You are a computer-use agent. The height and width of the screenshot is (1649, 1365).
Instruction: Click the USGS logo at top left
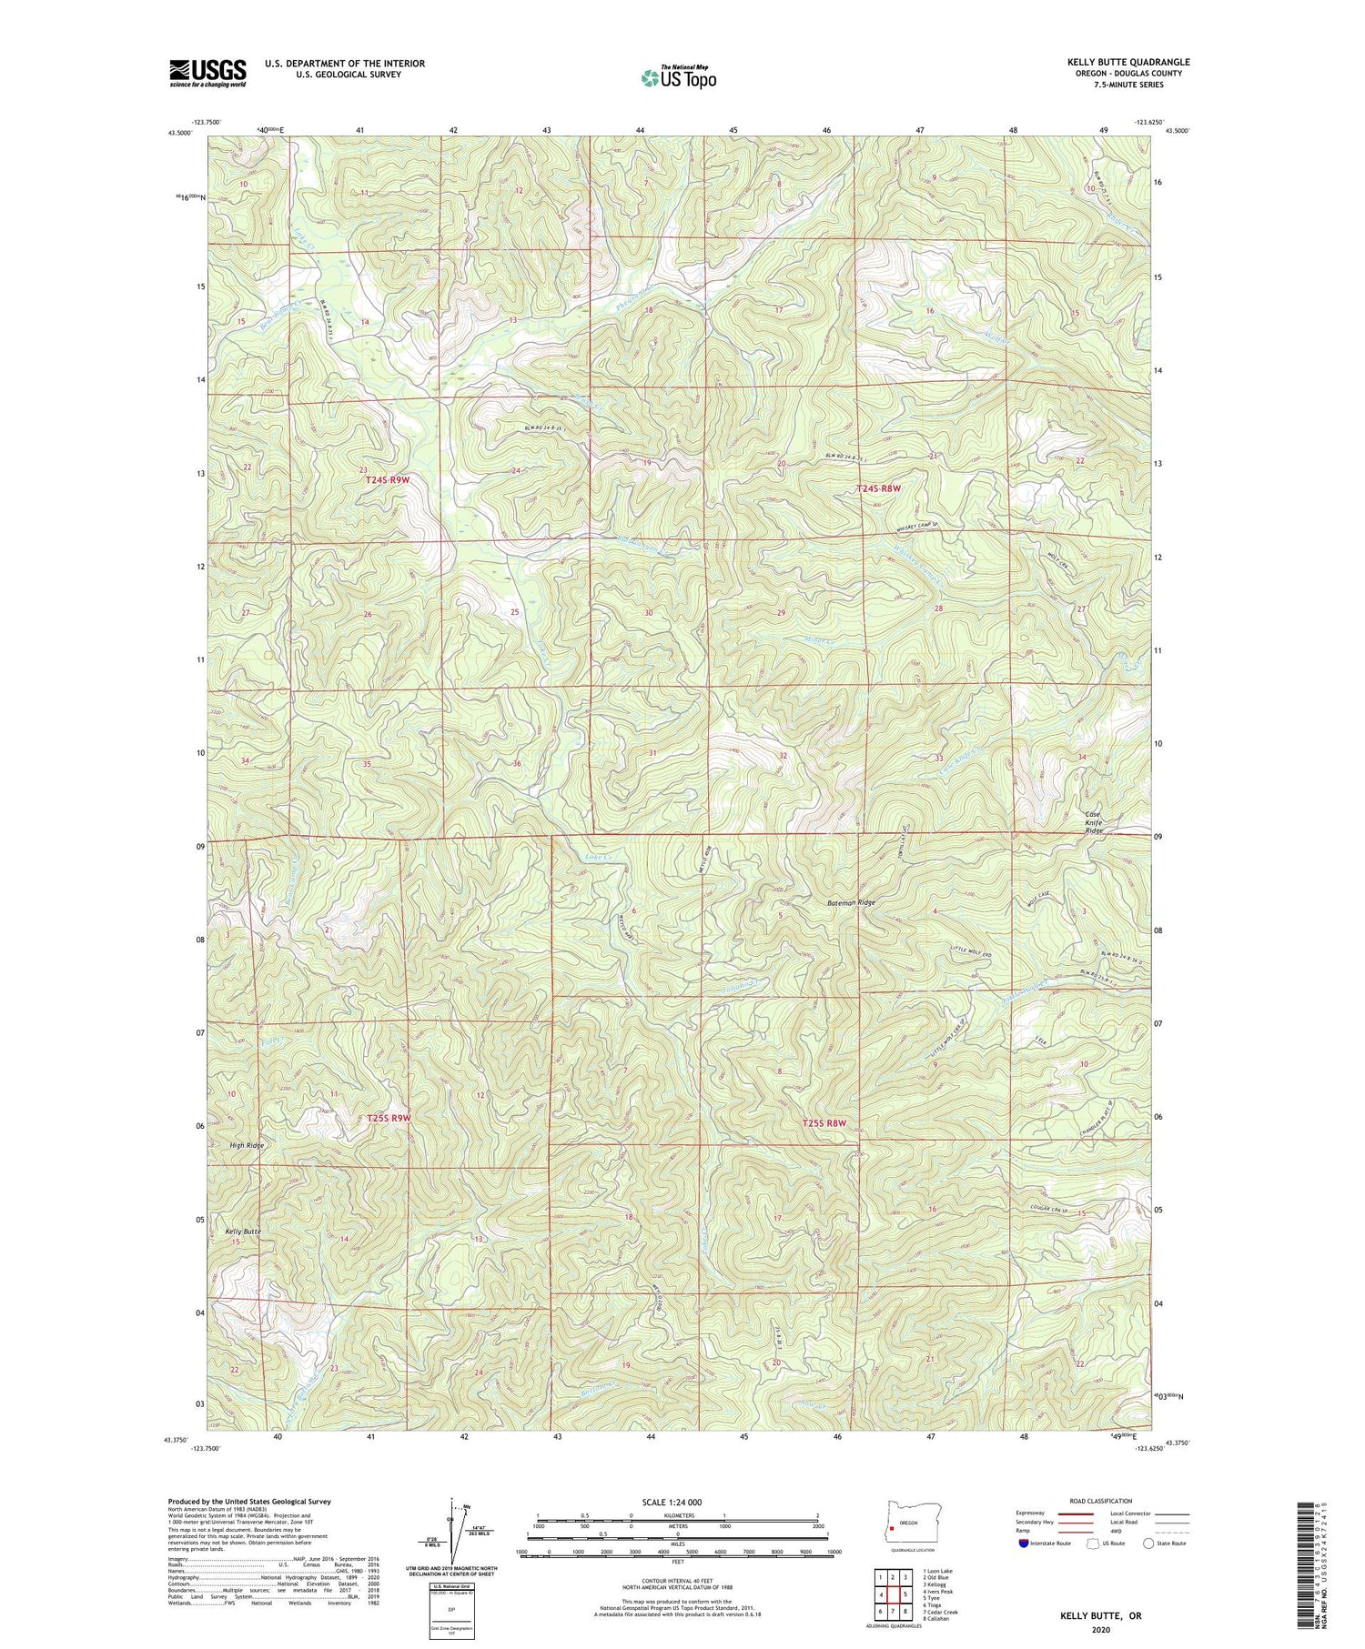point(207,73)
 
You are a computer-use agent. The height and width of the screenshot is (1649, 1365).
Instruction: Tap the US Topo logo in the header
point(678,77)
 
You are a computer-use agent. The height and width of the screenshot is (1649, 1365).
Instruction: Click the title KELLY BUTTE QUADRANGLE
point(1128,62)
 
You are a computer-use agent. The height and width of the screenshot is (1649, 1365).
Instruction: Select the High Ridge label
point(247,1145)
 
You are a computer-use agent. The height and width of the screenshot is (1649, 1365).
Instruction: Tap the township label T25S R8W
point(824,1123)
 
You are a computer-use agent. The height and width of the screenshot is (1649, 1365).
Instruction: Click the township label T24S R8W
point(878,488)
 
